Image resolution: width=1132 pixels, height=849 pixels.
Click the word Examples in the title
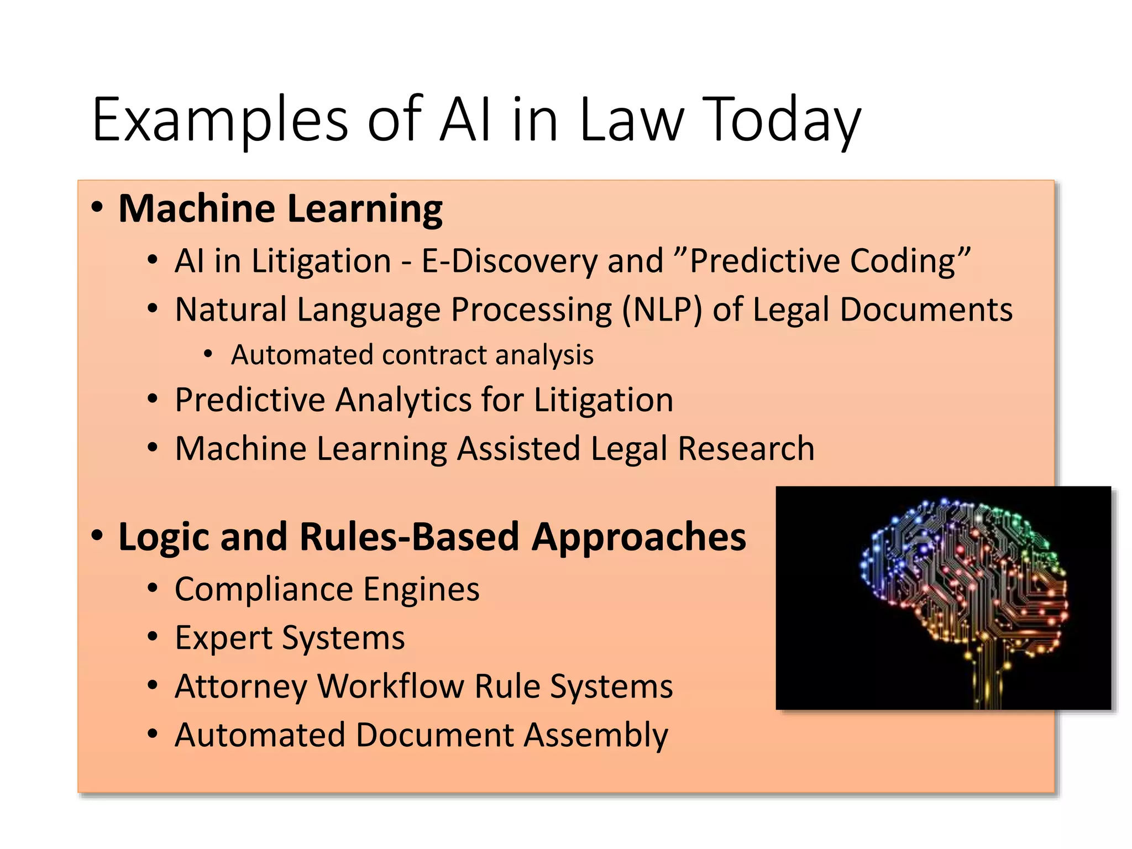coord(220,120)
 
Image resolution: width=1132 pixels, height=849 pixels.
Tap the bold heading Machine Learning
coord(280,209)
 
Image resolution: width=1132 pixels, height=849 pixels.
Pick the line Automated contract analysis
coord(412,355)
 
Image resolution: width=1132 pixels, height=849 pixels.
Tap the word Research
coord(746,448)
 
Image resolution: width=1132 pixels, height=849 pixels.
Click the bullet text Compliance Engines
coord(327,589)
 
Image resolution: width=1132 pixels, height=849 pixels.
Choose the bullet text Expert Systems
coord(290,638)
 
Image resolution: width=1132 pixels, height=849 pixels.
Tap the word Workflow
coord(391,686)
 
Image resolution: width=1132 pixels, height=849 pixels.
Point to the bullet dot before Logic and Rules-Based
coord(97,536)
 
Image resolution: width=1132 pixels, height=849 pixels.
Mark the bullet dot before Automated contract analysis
coord(208,354)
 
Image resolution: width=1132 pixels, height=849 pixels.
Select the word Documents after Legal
coord(926,309)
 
